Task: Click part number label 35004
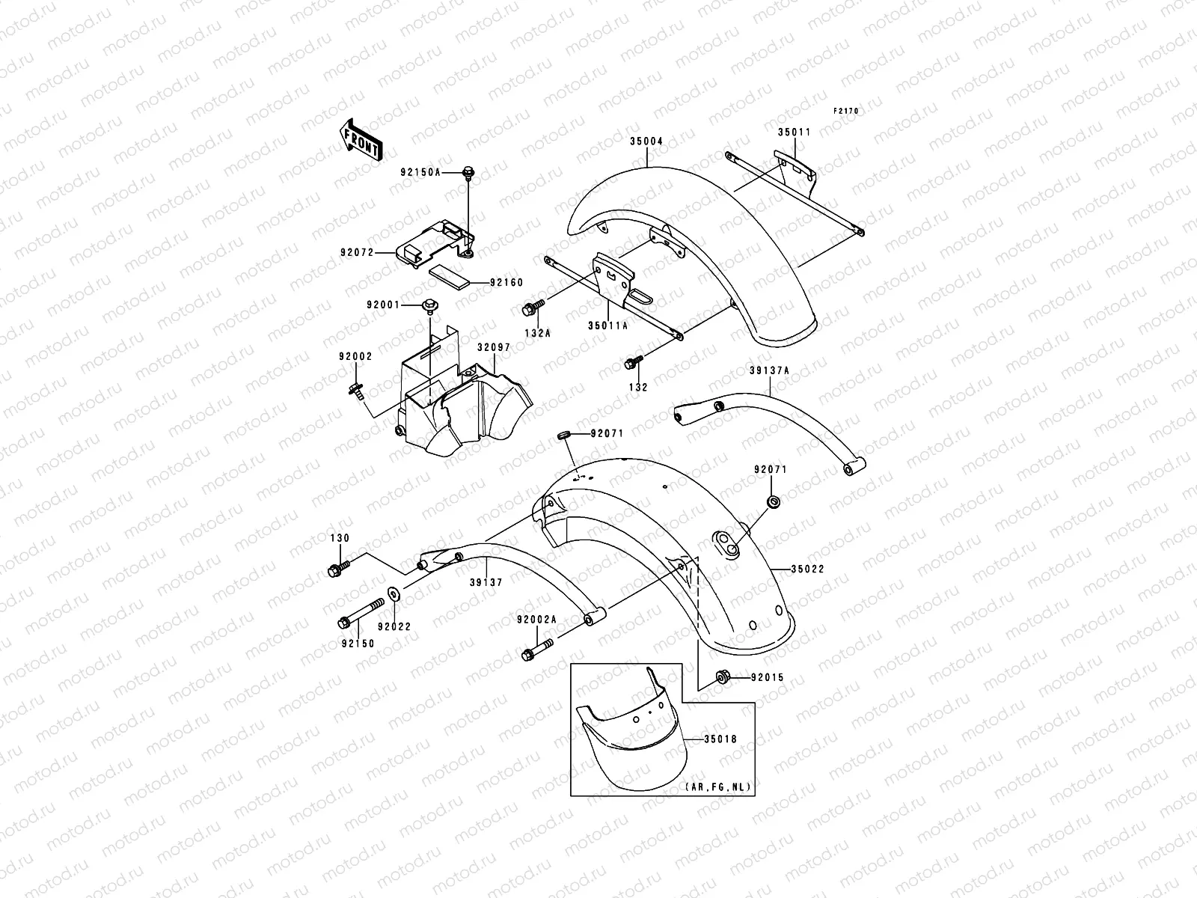click(x=646, y=141)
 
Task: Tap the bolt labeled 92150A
click(x=469, y=173)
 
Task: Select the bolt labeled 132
click(x=629, y=364)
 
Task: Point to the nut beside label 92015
click(x=723, y=677)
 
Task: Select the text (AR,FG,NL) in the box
click(x=717, y=788)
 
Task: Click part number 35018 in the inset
click(x=720, y=739)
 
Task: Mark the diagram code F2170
click(x=847, y=111)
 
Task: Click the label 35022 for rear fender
click(x=807, y=569)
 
